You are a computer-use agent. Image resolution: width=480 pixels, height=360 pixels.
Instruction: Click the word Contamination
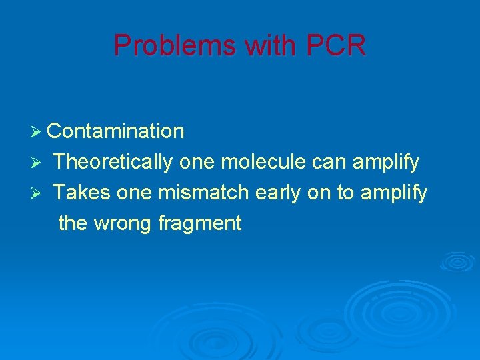click(x=116, y=131)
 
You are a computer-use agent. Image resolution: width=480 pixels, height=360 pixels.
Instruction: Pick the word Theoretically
click(x=114, y=162)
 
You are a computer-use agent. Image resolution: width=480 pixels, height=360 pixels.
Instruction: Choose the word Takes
click(x=82, y=193)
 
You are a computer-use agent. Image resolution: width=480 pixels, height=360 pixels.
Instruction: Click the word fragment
click(x=199, y=223)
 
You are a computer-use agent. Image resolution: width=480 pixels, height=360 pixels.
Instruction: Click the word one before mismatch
click(x=135, y=193)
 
